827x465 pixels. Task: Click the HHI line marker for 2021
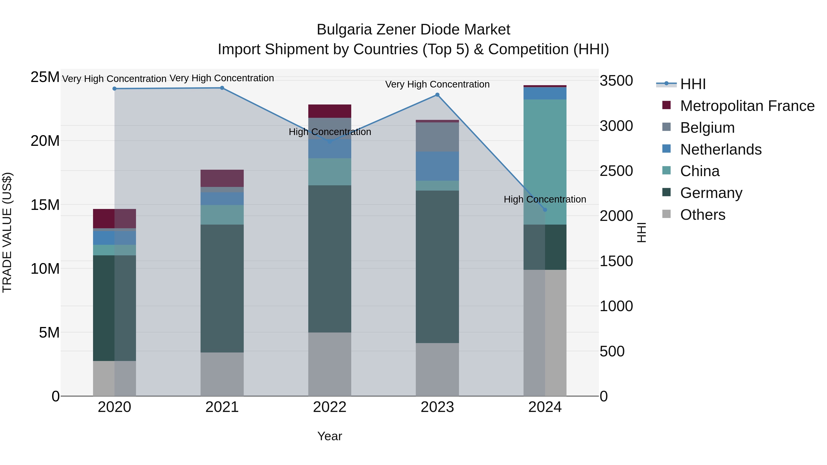pyautogui.click(x=222, y=88)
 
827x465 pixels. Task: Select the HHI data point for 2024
pyautogui.click(x=545, y=210)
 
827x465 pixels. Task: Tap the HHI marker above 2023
pyautogui.click(x=437, y=95)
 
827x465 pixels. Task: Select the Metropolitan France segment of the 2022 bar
pyautogui.click(x=330, y=111)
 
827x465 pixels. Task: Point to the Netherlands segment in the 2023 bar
pyautogui.click(x=437, y=166)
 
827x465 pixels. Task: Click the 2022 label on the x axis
pyautogui.click(x=330, y=407)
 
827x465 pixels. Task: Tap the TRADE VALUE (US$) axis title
pyautogui.click(x=7, y=232)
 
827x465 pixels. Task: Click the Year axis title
pyautogui.click(x=330, y=436)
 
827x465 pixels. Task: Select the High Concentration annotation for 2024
pyautogui.click(x=545, y=199)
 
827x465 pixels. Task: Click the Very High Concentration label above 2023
pyautogui.click(x=437, y=85)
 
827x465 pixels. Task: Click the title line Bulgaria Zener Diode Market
pyautogui.click(x=413, y=30)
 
